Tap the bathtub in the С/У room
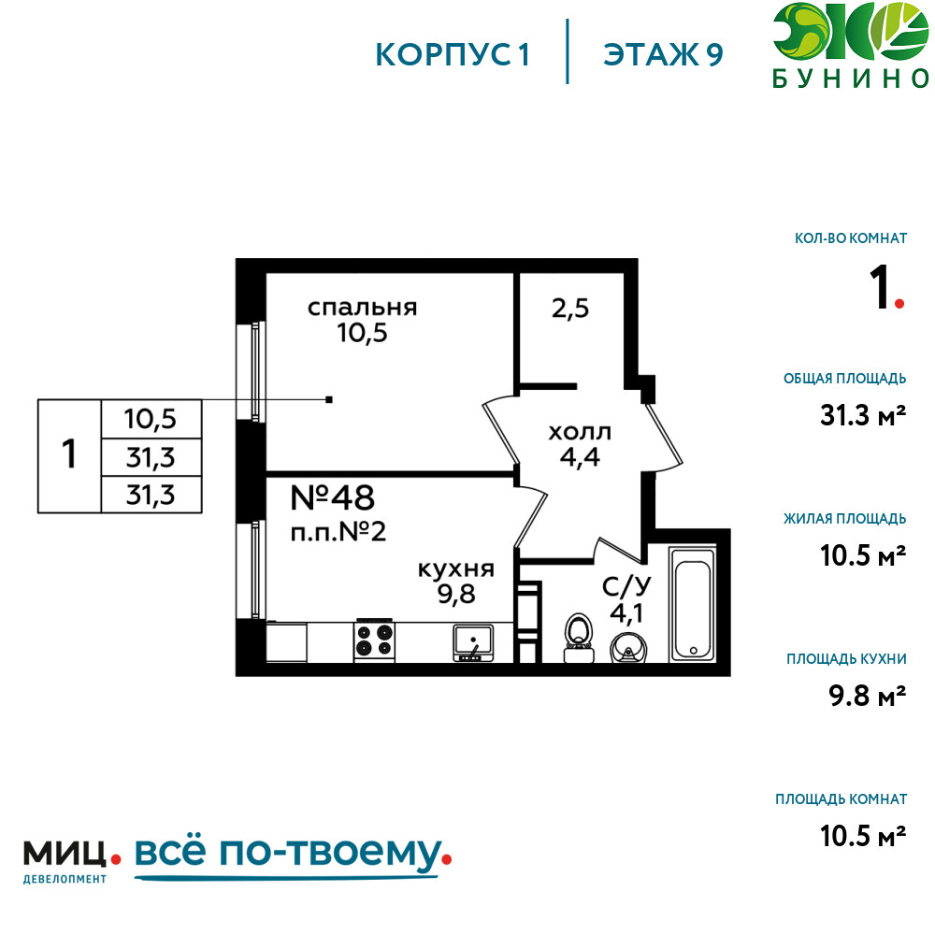point(692,604)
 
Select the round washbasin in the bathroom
point(628,648)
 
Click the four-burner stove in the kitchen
point(375,640)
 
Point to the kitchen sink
point(473,643)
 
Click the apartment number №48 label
point(332,497)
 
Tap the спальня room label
point(362,308)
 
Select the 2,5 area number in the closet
point(570,309)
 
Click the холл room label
point(580,432)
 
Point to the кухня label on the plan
point(456,568)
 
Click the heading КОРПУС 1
point(453,55)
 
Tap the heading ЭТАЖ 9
point(663,55)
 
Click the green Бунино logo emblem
point(850,32)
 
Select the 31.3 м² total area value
point(863,415)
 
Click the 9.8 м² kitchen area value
point(868,696)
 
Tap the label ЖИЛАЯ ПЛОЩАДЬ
point(845,519)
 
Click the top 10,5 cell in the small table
point(151,419)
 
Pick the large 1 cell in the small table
point(69,454)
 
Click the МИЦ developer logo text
point(65,854)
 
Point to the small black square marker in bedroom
point(329,399)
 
